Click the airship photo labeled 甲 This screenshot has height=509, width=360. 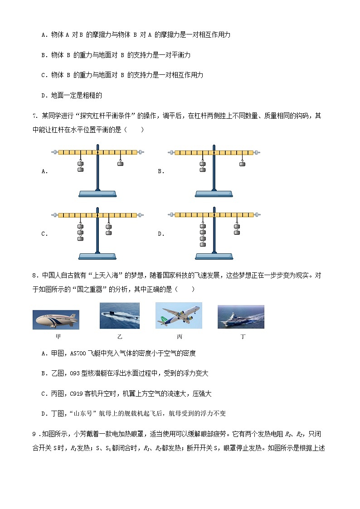(56, 320)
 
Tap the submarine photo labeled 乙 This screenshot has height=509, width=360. (120, 315)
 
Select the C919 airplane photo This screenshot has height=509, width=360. (178, 315)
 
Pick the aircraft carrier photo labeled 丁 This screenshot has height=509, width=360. (241, 316)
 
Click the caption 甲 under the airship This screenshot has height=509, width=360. (58, 337)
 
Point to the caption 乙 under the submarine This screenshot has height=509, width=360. (120, 337)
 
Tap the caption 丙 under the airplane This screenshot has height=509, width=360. (180, 337)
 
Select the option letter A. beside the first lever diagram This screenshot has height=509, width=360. (44, 171)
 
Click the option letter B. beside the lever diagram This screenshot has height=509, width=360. (161, 171)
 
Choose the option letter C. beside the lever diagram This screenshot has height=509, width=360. (44, 234)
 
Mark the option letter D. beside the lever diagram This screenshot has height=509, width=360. (161, 234)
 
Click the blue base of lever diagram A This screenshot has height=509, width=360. (97, 194)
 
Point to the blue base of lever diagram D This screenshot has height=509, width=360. (214, 257)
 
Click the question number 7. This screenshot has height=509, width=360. (34, 116)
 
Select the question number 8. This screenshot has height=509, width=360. (34, 275)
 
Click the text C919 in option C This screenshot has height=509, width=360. (75, 393)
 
